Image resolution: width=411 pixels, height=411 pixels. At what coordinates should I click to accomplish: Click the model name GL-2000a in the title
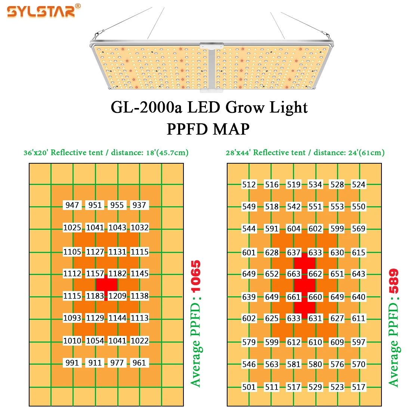pyautogui.click(x=146, y=108)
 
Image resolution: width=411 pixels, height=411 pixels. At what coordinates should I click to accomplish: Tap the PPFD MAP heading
pyautogui.click(x=208, y=129)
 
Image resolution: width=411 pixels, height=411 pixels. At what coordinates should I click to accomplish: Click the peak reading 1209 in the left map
pyautogui.click(x=117, y=296)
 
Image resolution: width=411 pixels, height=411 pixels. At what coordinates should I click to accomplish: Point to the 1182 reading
pyautogui.click(x=117, y=274)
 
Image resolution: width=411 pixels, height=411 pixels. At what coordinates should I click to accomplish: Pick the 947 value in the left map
pyautogui.click(x=72, y=205)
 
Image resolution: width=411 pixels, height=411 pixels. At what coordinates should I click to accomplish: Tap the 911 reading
pyautogui.click(x=95, y=363)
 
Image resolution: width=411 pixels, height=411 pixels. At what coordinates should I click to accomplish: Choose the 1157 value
pyautogui.click(x=95, y=274)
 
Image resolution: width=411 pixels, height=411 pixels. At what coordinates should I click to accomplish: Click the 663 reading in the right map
pyautogui.click(x=294, y=274)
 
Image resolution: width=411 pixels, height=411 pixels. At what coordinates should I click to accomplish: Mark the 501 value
pyautogui.click(x=249, y=387)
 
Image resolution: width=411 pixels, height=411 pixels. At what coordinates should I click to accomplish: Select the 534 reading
pyautogui.click(x=315, y=185)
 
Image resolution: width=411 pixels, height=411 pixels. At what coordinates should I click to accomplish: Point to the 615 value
pyautogui.click(x=359, y=253)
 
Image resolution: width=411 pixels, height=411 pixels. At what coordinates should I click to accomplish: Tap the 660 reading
pyautogui.click(x=315, y=297)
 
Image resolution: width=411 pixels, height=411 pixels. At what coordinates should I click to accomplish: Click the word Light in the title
pyautogui.click(x=289, y=108)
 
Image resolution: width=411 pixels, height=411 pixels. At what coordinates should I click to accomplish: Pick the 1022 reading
pyautogui.click(x=139, y=341)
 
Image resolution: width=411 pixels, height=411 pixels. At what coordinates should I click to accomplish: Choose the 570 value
pyautogui.click(x=359, y=364)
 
